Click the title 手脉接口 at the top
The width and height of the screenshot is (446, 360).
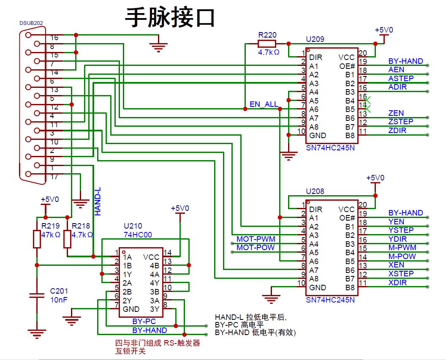coord(170,18)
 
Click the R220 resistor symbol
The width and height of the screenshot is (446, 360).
coord(267,44)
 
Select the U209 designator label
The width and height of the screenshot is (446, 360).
coord(315,39)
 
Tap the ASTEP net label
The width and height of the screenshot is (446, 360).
coord(401,78)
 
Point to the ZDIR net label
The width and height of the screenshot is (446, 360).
coord(397,130)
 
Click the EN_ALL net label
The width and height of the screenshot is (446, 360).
coord(264,104)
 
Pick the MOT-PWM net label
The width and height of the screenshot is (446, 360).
coord(256,240)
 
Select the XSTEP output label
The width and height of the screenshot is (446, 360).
coord(401,273)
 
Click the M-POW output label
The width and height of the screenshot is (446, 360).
coord(402,256)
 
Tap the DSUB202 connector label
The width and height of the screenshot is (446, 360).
coord(31,23)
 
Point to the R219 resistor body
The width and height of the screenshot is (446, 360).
coord(37,239)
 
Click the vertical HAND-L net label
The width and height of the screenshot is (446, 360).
coord(98,202)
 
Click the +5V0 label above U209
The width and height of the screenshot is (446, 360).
coord(384,30)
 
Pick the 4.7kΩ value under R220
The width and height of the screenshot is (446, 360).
coord(269,52)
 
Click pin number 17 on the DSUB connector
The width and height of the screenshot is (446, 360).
coord(54,177)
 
